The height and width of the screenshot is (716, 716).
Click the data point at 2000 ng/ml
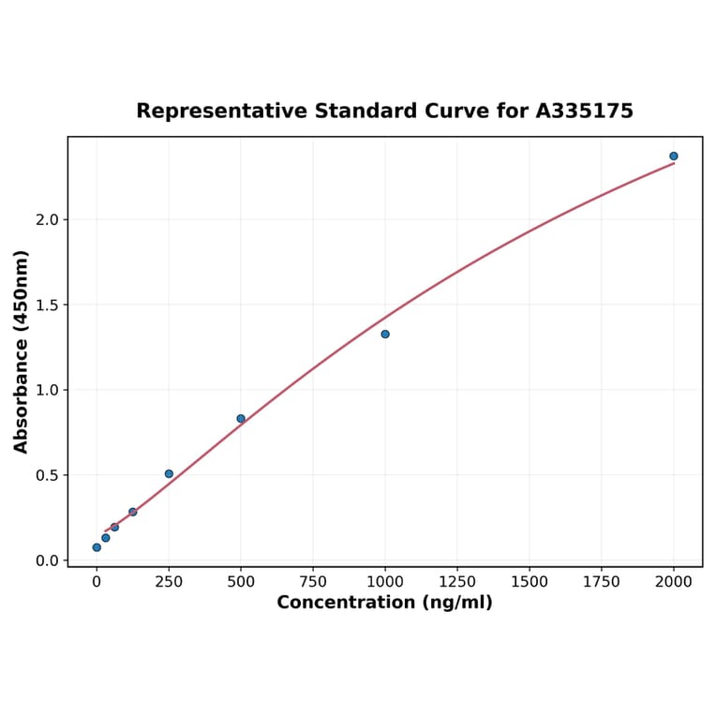click(x=674, y=156)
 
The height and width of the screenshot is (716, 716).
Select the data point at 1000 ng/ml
click(x=385, y=334)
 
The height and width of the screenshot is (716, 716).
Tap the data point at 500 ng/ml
click(x=241, y=419)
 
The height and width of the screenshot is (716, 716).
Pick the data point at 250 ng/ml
click(x=169, y=473)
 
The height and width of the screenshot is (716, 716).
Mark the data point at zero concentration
click(x=97, y=547)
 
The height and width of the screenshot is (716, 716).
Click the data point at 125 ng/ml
click(x=133, y=512)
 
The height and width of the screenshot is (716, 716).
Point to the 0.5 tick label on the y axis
click(x=46, y=475)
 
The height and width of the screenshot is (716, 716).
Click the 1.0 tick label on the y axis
click(x=46, y=390)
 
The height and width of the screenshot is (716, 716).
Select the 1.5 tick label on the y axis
click(x=46, y=305)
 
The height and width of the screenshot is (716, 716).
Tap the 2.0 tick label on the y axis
click(x=46, y=219)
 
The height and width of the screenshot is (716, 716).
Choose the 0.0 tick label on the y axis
click(x=46, y=560)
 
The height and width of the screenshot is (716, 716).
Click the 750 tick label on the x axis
click(x=313, y=582)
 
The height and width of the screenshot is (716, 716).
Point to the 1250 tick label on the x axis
click(x=457, y=582)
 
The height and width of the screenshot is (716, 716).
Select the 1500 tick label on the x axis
click(x=530, y=582)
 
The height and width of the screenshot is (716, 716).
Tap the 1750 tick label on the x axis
click(x=602, y=582)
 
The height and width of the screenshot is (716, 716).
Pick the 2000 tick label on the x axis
click(x=674, y=582)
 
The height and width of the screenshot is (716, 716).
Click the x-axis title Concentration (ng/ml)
click(x=384, y=603)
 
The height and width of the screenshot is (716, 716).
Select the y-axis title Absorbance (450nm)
click(x=22, y=351)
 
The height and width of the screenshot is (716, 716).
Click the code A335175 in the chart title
click(x=584, y=111)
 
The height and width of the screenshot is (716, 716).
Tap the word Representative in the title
click(x=221, y=111)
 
